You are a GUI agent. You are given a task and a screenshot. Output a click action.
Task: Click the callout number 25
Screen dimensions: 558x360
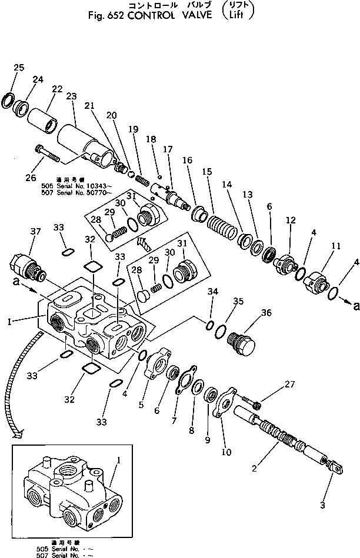[19, 68]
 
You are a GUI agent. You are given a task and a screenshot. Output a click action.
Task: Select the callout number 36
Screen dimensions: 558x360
[266, 313]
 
